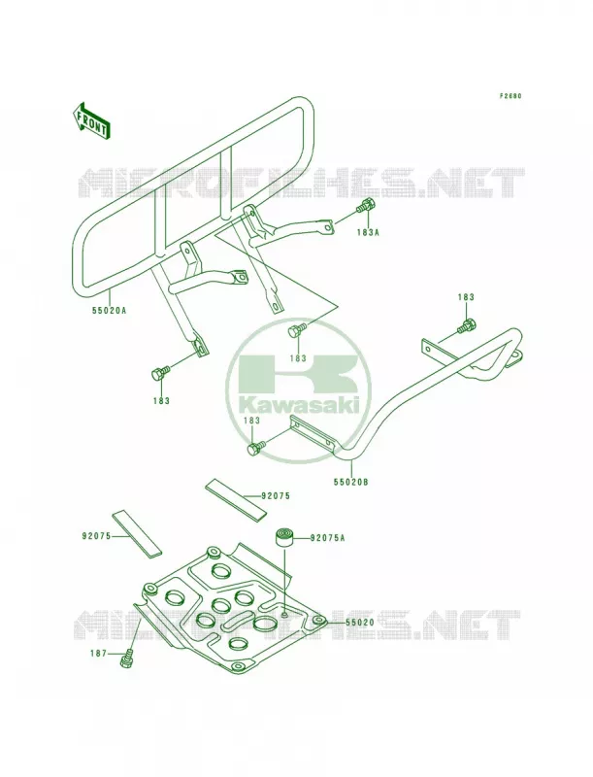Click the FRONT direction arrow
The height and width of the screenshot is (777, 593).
click(x=91, y=120)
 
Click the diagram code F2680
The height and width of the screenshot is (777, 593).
click(x=510, y=96)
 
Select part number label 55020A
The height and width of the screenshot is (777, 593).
click(x=109, y=311)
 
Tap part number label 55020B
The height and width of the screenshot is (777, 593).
click(x=351, y=481)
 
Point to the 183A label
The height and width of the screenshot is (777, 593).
click(x=368, y=232)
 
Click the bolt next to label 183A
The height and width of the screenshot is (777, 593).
click(x=366, y=206)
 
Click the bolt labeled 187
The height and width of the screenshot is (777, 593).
click(x=128, y=658)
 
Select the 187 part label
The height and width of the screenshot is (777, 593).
click(x=99, y=654)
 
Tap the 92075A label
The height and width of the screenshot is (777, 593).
click(x=327, y=537)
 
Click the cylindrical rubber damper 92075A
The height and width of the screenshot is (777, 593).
click(x=285, y=538)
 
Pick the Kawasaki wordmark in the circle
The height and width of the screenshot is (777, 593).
click(x=298, y=404)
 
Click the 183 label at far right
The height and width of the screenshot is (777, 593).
click(x=466, y=297)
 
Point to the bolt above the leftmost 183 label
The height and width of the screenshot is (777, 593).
click(x=159, y=372)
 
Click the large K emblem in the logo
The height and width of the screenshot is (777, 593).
click(x=298, y=373)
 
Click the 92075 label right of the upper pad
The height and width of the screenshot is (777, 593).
click(x=276, y=495)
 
